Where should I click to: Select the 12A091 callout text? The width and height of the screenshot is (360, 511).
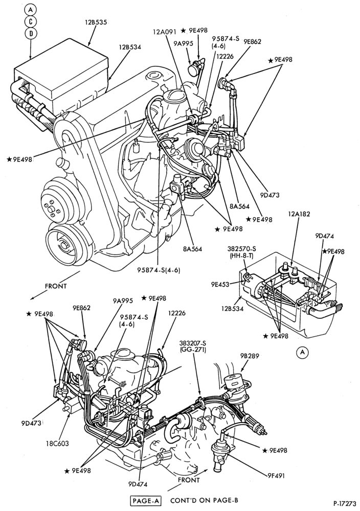165,32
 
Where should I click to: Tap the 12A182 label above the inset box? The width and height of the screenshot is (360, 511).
299,214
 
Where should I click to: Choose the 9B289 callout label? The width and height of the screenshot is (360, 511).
250,356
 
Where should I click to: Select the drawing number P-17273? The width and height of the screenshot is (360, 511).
345,503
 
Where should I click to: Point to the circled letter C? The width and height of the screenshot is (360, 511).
30,21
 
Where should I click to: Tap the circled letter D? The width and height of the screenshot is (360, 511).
30,33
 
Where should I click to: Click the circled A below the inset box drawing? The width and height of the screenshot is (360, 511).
303,352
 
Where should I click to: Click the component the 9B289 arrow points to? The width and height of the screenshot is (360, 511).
235,387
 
